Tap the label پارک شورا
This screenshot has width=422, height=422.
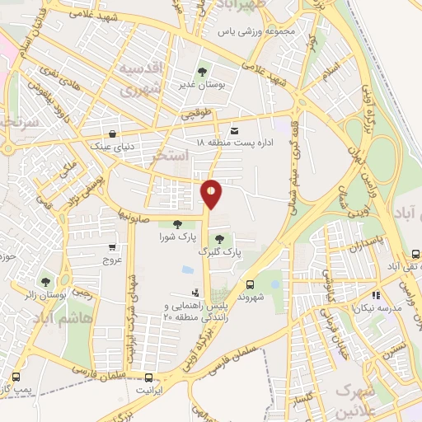coord(176,237)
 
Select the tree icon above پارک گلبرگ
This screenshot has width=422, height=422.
coord(218,238)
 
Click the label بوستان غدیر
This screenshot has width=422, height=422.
coord(198,84)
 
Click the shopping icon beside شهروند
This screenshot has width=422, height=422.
coord(274,284)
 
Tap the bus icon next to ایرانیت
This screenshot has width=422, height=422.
coord(149,378)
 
